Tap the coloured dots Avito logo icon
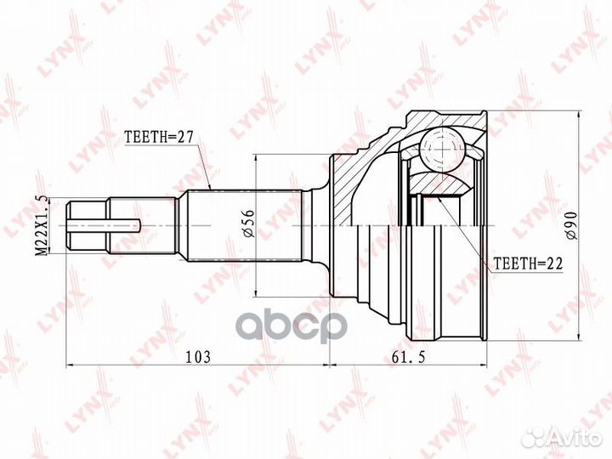534,437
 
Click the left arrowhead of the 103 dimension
71,366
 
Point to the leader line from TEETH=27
203,166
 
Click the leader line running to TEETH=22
463,233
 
